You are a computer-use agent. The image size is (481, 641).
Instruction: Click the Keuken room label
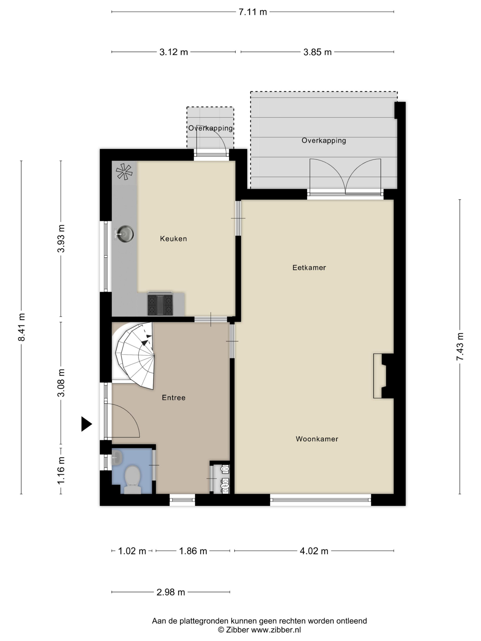click(173, 238)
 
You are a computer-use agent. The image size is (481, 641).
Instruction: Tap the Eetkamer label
click(309, 268)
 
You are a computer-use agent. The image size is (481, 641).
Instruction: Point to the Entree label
click(174, 398)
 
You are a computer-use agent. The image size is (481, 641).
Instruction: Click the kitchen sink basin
click(125, 233)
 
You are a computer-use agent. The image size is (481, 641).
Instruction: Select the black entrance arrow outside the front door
click(86, 424)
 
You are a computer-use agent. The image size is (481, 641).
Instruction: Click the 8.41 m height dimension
click(21, 327)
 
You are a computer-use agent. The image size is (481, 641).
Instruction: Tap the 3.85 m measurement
click(317, 52)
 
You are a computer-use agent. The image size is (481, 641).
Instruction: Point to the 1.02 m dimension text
click(132, 551)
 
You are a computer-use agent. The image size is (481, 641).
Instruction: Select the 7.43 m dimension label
click(460, 346)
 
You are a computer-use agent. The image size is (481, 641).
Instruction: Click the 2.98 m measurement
click(171, 592)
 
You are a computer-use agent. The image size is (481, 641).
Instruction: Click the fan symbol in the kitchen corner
click(124, 172)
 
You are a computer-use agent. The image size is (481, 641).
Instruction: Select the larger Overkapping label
click(323, 141)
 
